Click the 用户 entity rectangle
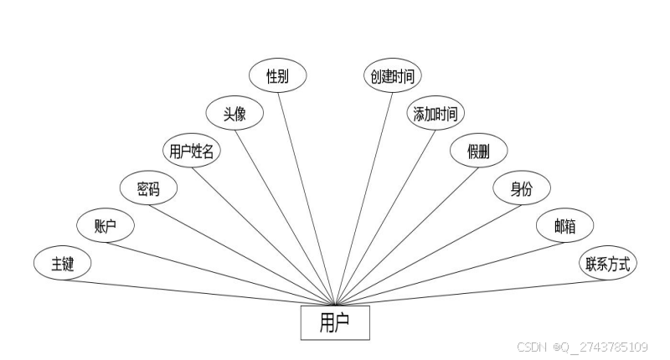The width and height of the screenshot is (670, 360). (335, 323)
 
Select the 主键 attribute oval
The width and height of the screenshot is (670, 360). (63, 264)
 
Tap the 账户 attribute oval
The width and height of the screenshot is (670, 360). (105, 226)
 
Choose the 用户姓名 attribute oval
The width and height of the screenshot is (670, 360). (191, 151)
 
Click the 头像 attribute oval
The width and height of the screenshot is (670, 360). (234, 113)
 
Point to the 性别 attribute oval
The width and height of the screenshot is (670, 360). (278, 75)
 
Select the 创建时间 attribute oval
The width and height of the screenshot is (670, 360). (392, 75)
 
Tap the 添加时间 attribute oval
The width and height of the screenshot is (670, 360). (435, 113)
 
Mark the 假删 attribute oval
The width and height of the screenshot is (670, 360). (478, 151)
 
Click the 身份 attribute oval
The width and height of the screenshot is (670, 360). (521, 188)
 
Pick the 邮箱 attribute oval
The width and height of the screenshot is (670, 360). (564, 226)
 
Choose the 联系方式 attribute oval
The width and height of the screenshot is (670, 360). (608, 264)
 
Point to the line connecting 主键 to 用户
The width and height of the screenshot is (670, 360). (201, 292)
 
